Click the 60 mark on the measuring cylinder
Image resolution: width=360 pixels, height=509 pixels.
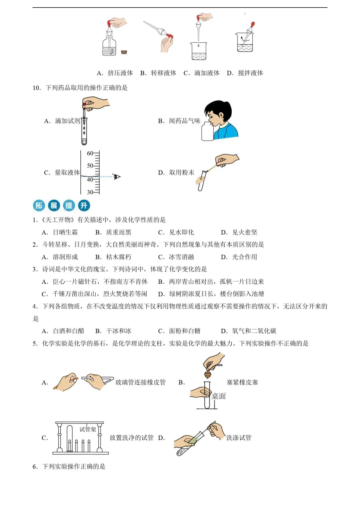(x=90, y=154)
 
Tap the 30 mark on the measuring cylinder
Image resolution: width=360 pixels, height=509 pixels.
(x=90, y=192)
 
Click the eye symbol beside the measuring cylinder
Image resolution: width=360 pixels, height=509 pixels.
(x=116, y=177)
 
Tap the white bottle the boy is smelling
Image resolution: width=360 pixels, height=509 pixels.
(x=207, y=132)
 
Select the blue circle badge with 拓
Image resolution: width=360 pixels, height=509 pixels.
(x=39, y=206)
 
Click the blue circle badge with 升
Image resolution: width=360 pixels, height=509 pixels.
(x=84, y=206)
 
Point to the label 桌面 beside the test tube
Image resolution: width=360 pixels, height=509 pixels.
(x=219, y=396)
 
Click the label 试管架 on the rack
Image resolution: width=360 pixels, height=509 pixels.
(x=88, y=429)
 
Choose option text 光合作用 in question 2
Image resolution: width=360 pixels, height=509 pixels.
(x=244, y=257)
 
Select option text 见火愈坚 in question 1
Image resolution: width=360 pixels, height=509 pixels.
(x=245, y=232)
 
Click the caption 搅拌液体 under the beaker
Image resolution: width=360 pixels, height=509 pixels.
(x=250, y=73)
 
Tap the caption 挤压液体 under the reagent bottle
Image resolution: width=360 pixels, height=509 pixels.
(x=120, y=73)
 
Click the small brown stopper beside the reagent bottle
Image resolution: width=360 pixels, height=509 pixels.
(x=124, y=52)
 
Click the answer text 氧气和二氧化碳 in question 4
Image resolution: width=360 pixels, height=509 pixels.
(x=254, y=331)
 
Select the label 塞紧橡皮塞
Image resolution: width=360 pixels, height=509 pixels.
(x=242, y=382)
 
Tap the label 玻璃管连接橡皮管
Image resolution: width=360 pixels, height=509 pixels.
(x=140, y=382)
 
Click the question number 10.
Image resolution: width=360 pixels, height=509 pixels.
(x=36, y=88)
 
